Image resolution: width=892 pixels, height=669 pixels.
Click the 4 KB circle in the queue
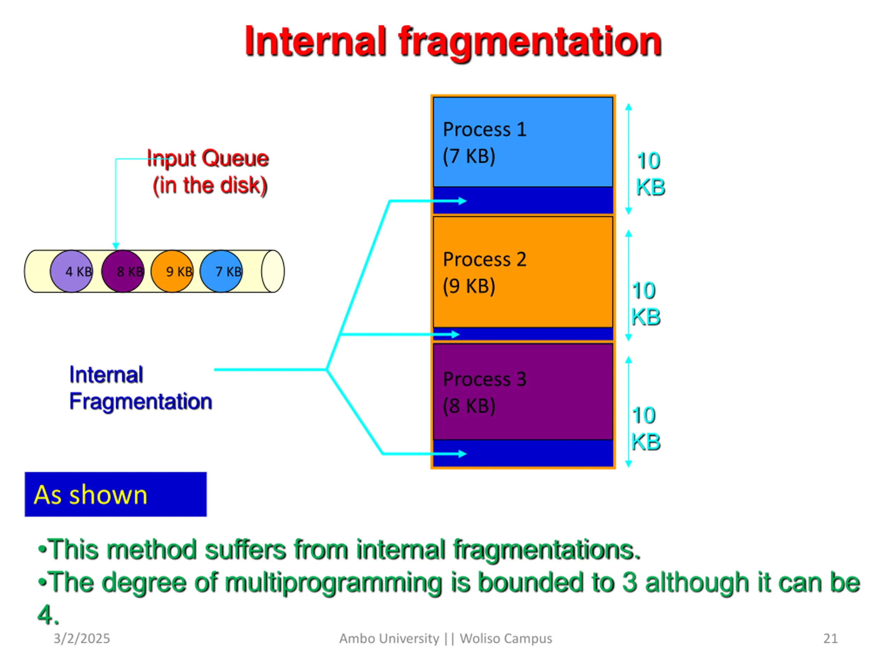[x=71, y=271]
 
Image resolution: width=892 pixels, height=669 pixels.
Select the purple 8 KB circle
[x=122, y=271]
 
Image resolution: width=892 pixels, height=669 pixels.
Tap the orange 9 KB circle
[x=172, y=271]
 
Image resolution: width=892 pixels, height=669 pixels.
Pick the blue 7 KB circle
[x=221, y=271]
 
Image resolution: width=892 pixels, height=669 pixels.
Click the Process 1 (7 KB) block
[x=523, y=142]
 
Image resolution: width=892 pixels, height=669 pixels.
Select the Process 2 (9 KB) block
[x=523, y=272]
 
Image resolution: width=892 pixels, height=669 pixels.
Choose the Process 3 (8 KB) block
[x=523, y=391]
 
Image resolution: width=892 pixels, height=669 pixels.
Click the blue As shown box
[x=115, y=494]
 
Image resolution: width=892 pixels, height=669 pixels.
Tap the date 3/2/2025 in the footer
[x=82, y=638]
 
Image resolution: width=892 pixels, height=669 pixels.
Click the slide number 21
[x=830, y=638]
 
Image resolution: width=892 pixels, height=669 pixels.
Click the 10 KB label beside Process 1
[x=649, y=174]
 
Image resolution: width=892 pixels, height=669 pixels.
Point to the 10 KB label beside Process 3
[x=645, y=428]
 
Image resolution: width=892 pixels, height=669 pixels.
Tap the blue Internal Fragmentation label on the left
[x=140, y=388]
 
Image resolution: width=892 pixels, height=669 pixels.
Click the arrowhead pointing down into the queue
[x=116, y=246]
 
